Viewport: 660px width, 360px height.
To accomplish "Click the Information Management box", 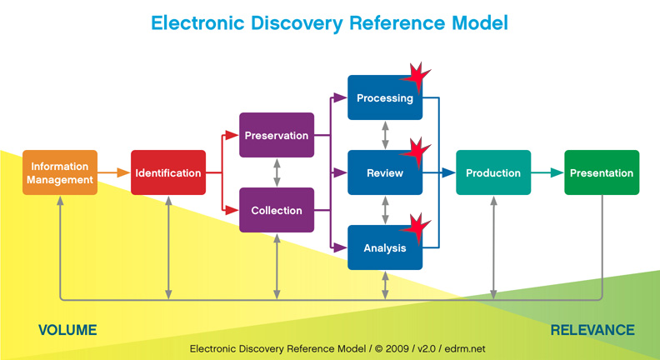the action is (60, 172).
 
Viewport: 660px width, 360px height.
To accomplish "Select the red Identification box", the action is (168, 172).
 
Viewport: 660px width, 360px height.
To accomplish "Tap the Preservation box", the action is (277, 135).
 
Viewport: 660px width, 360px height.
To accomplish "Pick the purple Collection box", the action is (277, 210).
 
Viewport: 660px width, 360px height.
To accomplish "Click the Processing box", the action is (385, 97).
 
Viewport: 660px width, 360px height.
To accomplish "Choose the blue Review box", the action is (385, 172).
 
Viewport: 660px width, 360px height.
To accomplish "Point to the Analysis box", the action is (385, 247).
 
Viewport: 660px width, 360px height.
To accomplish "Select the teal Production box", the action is (493, 172).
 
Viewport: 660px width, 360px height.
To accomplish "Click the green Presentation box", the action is (602, 172).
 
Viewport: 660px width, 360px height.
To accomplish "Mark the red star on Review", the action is (416, 152).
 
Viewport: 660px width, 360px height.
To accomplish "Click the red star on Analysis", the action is (416, 228).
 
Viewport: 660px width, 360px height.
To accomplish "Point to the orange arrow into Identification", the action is (114, 172).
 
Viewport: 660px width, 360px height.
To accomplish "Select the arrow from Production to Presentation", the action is (547, 172).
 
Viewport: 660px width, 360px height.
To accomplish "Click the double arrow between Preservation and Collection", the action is (277, 172).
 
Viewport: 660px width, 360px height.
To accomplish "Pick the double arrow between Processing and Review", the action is (385, 135).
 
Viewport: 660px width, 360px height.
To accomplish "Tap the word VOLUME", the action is (67, 330).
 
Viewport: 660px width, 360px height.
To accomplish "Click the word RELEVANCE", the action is (592, 330).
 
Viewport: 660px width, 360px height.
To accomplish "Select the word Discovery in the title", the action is (297, 23).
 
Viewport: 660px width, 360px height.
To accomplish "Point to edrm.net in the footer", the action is (465, 348).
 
